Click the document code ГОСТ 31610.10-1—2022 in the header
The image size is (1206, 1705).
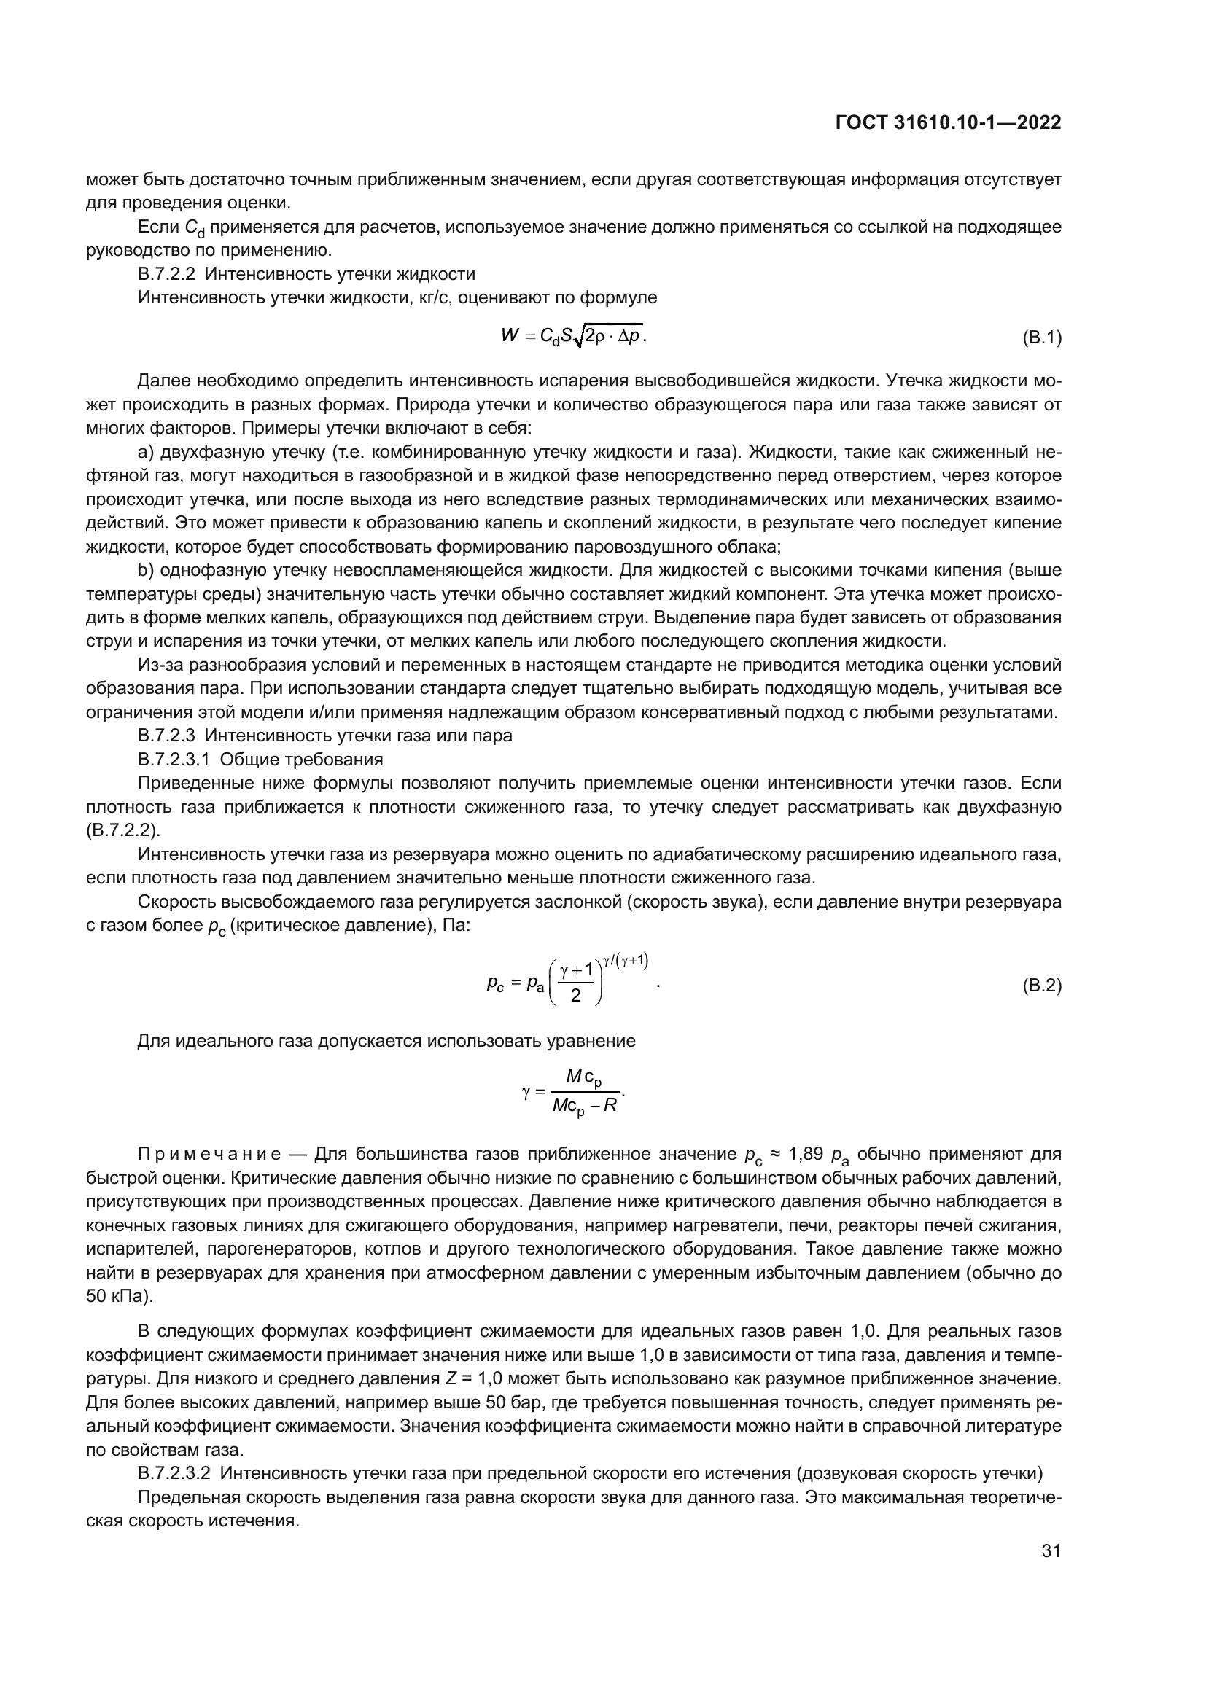949,123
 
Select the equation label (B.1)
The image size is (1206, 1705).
1042,339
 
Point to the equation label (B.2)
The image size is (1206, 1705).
1042,986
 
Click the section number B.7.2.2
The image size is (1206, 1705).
166,274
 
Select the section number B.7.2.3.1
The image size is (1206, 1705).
174,759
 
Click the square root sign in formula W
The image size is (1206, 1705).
578,338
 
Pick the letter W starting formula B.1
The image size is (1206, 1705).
510,336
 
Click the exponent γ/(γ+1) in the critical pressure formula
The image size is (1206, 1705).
626,960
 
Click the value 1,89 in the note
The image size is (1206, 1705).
805,1153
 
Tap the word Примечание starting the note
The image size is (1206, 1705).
209,1153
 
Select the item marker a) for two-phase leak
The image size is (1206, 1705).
146,451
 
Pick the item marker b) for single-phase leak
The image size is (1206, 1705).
146,570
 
